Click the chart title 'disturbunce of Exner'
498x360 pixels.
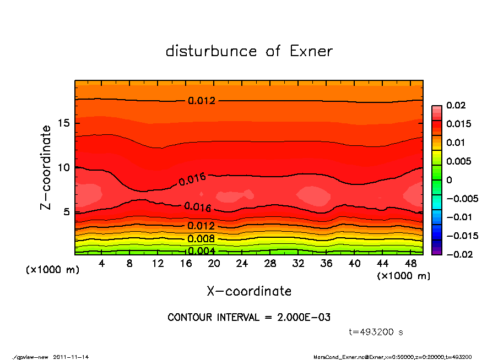(x=249, y=51)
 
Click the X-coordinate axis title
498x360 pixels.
(x=249, y=291)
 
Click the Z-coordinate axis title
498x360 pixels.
(x=46, y=167)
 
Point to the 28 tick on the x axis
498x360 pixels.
(x=270, y=264)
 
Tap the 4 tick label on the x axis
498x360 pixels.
(x=102, y=264)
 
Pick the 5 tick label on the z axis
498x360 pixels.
(x=66, y=211)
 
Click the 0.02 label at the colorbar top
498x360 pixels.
(x=456, y=105)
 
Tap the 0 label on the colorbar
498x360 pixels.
(x=450, y=180)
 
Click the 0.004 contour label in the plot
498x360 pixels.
(x=201, y=251)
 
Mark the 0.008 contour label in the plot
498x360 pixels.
(x=201, y=239)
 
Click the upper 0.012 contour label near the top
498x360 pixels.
(x=201, y=101)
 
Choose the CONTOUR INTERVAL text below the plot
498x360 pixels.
(x=249, y=318)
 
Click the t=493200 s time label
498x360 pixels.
(x=376, y=332)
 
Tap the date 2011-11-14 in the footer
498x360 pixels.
(x=71, y=357)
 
